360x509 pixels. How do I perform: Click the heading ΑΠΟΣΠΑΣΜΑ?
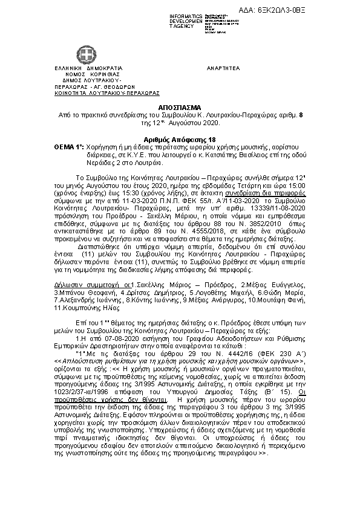coord(179,105)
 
